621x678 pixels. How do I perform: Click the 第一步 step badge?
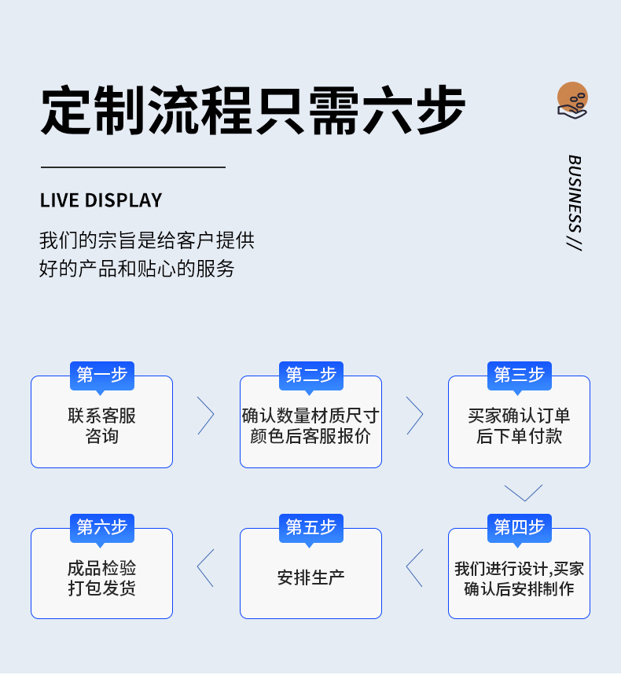[x=102, y=375]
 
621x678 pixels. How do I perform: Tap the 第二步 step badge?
[x=310, y=375]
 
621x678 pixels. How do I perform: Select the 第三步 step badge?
[x=519, y=375]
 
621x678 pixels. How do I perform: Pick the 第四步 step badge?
[x=519, y=527]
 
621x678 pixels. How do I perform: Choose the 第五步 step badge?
[x=310, y=527]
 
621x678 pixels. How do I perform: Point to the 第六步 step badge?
[x=102, y=527]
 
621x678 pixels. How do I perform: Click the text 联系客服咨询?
[x=102, y=426]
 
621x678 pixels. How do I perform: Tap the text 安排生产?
[x=310, y=577]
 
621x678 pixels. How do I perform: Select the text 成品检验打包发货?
[x=102, y=577]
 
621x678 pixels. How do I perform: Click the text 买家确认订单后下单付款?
[x=519, y=426]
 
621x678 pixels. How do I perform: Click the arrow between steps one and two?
[x=205, y=416]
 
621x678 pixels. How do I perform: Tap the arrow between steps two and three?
[x=414, y=416]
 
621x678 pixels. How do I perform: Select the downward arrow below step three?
[x=524, y=493]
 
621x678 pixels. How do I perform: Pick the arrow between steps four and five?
[x=414, y=567]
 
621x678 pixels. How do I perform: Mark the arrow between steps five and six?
[x=205, y=567]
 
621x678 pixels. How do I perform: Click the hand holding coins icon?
[x=572, y=101]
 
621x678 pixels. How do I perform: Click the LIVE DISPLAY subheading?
[x=101, y=200]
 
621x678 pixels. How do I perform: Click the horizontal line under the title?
[x=133, y=167]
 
